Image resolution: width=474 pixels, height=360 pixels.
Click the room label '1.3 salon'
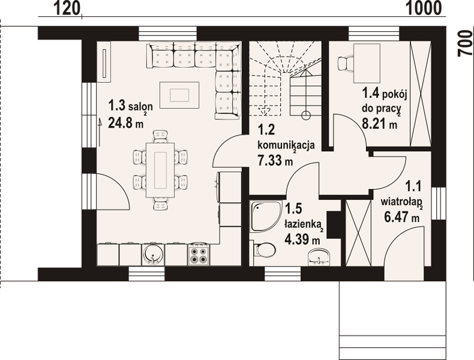click(130, 106)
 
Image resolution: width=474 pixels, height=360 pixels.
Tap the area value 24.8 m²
click(126, 122)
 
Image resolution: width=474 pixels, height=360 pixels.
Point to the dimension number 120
click(67, 8)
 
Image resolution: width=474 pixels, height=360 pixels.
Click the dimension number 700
click(465, 43)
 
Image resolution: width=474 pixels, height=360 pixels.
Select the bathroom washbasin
click(319, 257)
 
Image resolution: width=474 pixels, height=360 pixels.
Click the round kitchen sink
click(153, 255)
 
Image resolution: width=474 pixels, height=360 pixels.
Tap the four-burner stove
click(199, 255)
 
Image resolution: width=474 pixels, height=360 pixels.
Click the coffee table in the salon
click(179, 95)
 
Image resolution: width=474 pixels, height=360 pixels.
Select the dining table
click(160, 170)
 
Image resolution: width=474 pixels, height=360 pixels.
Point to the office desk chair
click(345, 64)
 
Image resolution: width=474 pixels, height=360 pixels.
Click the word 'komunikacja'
click(286, 145)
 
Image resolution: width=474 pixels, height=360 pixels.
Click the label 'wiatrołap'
click(401, 202)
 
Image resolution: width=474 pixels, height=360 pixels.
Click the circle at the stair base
click(306, 115)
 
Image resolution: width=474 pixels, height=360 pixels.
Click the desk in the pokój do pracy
click(367, 63)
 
